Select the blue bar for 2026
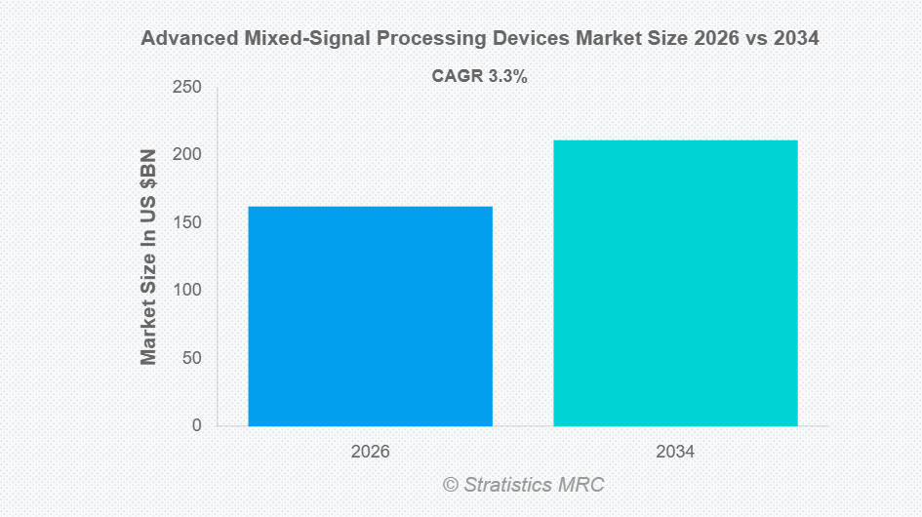[370, 316]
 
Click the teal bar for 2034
[675, 283]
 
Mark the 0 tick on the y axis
[196, 425]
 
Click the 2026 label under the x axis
[370, 453]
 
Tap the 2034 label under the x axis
[675, 453]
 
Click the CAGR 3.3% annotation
[479, 76]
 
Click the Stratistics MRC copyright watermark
[524, 484]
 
